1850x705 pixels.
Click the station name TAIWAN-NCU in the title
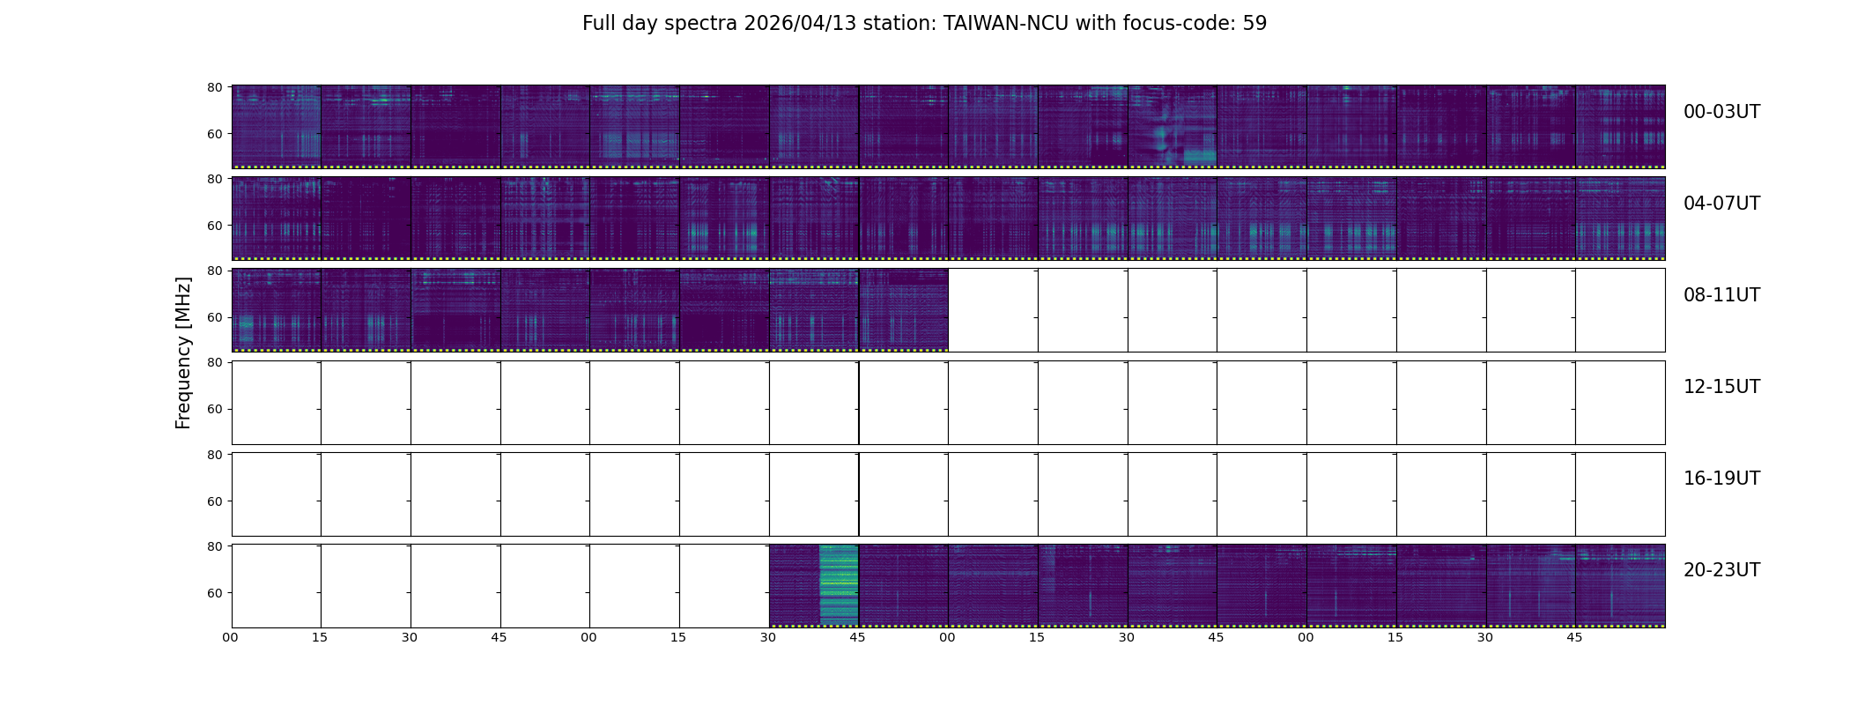(1005, 24)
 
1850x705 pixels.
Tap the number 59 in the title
(1254, 24)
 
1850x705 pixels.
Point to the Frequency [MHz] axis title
(183, 352)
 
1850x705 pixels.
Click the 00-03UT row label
(1721, 112)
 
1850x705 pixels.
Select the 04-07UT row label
(1721, 204)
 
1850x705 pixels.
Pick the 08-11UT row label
(1721, 295)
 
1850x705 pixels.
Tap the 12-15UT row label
(1721, 387)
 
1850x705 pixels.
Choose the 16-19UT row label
(1721, 479)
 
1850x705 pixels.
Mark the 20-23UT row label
(1721, 570)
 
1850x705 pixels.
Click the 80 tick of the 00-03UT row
(214, 87)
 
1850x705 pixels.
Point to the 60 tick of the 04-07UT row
(214, 226)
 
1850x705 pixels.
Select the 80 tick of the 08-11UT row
(214, 271)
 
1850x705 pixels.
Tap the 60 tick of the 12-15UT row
(214, 409)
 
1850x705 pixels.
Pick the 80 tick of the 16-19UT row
(214, 455)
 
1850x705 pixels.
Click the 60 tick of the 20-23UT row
(214, 593)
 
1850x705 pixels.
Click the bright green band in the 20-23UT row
(838, 584)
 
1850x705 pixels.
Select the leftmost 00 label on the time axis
(231, 637)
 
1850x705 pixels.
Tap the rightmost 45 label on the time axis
(1574, 637)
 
